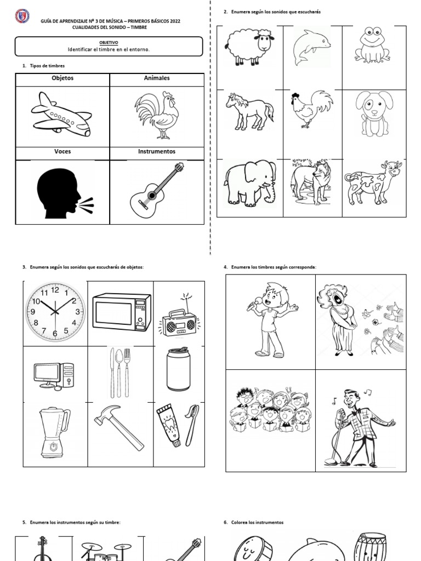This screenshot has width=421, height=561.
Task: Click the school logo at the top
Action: click(22, 16)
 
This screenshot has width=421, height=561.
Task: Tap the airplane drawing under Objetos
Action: click(61, 115)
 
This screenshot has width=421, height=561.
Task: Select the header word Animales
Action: click(157, 78)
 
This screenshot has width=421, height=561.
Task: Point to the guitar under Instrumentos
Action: click(157, 190)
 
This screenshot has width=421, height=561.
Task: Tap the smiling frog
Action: click(372, 45)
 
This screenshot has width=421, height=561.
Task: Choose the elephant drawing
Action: click(250, 183)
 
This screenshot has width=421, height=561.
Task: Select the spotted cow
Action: click(373, 183)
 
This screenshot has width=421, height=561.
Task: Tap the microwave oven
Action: click(122, 312)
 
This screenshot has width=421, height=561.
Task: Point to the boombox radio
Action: click(180, 319)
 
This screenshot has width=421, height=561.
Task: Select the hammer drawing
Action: click(119, 427)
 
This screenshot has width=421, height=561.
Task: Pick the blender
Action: click(54, 433)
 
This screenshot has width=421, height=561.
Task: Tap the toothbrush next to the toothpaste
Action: click(192, 425)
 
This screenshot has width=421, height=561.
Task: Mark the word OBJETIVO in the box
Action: click(109, 43)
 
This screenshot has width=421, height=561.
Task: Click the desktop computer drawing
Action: click(54, 376)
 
